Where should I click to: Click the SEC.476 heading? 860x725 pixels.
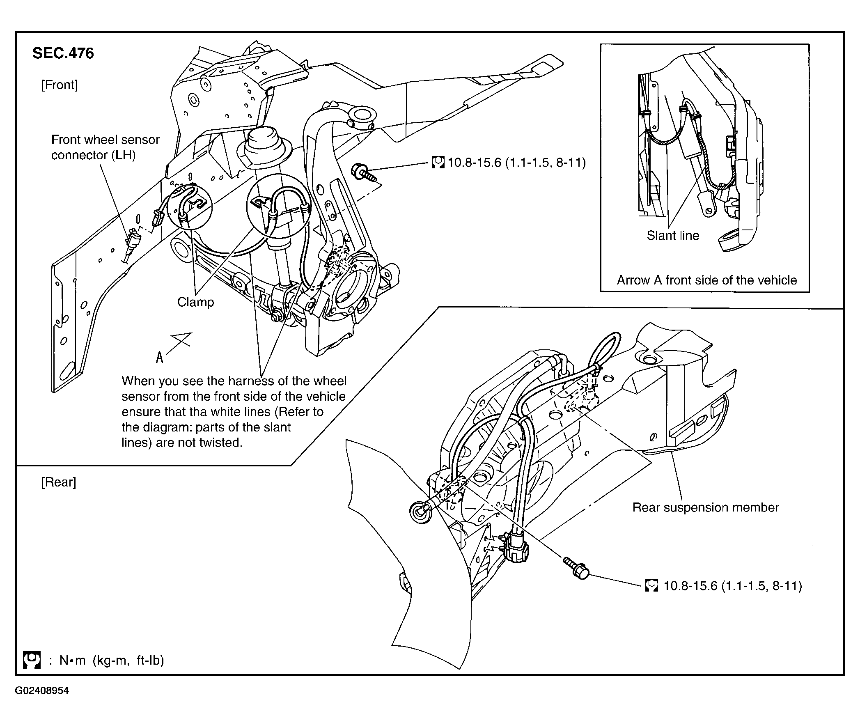pyautogui.click(x=63, y=53)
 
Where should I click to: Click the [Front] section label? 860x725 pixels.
pyautogui.click(x=59, y=85)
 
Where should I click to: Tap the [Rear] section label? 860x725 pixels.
pyautogui.click(x=59, y=482)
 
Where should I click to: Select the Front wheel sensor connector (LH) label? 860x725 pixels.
pyautogui.click(x=105, y=147)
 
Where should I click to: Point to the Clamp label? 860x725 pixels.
pyautogui.click(x=195, y=302)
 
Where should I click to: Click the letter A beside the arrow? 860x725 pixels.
pyautogui.click(x=159, y=357)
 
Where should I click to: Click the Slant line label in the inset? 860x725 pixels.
pyautogui.click(x=673, y=236)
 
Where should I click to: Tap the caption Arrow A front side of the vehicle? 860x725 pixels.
pyautogui.click(x=706, y=280)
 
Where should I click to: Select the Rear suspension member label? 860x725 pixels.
pyautogui.click(x=705, y=507)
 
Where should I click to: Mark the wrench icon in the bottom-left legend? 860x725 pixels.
pyautogui.click(x=32, y=660)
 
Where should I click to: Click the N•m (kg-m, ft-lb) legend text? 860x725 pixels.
pyautogui.click(x=111, y=661)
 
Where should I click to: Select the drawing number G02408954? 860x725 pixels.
pyautogui.click(x=42, y=691)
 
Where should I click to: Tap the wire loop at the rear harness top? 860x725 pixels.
pyautogui.click(x=605, y=348)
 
